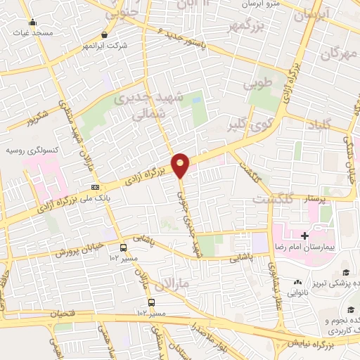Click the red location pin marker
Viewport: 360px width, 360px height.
tap(181, 165)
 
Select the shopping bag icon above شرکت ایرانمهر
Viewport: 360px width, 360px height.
tap(104, 34)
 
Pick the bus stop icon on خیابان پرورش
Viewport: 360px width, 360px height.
tap(123, 247)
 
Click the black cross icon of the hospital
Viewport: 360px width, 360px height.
tap(304, 235)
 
